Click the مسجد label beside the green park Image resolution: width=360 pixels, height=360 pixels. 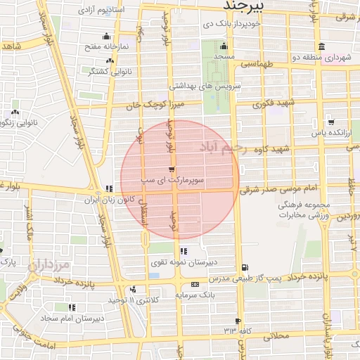tap(224, 55)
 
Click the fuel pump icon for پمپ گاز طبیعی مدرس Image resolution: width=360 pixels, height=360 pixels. tap(244, 266)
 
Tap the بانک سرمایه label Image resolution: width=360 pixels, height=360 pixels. tap(193, 295)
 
